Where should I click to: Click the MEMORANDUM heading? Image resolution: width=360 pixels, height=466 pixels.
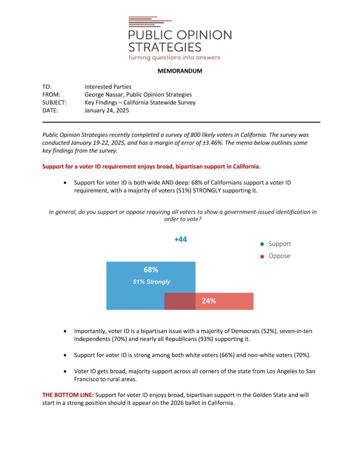[x=180, y=71]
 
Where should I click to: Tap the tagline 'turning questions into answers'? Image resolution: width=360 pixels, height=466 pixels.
[x=174, y=57]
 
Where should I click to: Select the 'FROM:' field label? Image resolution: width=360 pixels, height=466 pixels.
[x=51, y=95]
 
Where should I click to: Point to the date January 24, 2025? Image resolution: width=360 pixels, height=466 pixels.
[x=107, y=111]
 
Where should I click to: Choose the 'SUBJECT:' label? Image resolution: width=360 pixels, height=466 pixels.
[x=54, y=102]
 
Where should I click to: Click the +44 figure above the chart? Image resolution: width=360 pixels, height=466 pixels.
[x=181, y=239]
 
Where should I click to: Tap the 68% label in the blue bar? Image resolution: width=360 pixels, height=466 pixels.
[x=151, y=270]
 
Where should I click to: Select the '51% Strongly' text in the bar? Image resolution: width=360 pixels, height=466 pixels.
[x=151, y=282]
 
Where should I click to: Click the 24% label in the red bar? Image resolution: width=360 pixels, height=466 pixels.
[x=209, y=301]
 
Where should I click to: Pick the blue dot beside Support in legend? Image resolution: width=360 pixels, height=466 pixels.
[x=262, y=244]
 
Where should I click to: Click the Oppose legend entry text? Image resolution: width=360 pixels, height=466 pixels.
[x=279, y=256]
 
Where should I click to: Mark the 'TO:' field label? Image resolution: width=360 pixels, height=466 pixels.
[x=47, y=86]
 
